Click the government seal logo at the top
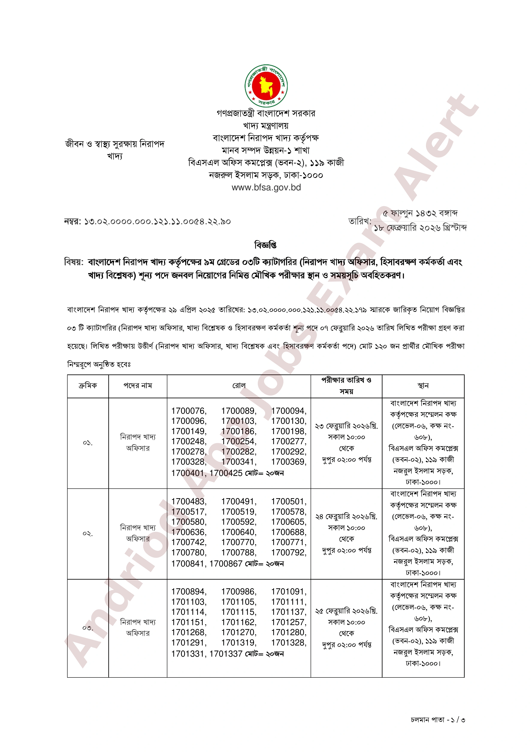(266, 86)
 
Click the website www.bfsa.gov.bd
(266, 188)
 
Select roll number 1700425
(226, 473)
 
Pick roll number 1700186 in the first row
(239, 431)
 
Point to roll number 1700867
(226, 564)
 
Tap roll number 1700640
(239, 532)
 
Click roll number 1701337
(226, 654)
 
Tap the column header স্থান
(423, 386)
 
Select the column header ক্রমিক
(88, 386)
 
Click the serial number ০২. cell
(88, 534)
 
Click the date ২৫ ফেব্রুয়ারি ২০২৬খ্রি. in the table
(346, 611)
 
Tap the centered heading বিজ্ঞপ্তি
(266, 245)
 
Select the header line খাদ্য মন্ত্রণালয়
(266, 126)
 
